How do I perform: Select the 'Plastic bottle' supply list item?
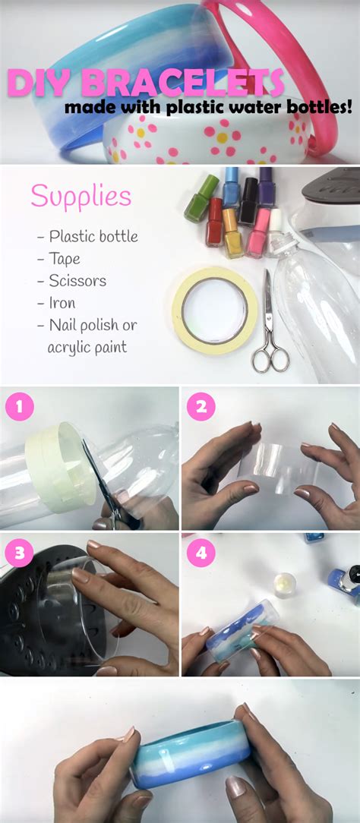coord(87,237)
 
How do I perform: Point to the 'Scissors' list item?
coord(72,281)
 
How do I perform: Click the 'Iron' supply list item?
coord(56,303)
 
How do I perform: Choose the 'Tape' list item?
coord(58,259)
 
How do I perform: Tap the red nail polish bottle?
coord(213,222)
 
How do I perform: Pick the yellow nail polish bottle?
coord(232,233)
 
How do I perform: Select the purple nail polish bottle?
coord(267,188)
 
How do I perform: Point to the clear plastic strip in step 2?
coord(278,468)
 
